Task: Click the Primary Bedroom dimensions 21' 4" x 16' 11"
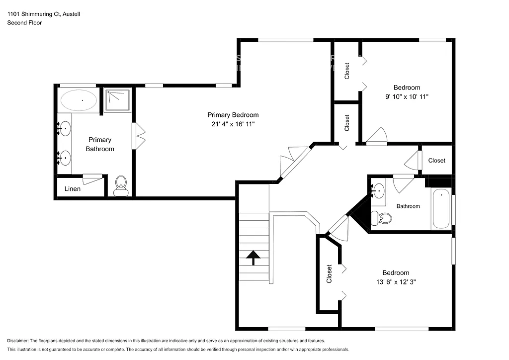click(233, 124)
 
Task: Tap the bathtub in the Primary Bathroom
click(79, 100)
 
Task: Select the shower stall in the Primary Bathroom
click(118, 100)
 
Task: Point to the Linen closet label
click(73, 189)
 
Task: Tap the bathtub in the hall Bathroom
click(441, 209)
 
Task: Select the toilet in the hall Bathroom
click(382, 217)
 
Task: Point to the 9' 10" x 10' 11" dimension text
click(407, 97)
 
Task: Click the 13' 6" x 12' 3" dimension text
click(396, 282)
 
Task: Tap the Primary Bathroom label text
click(100, 144)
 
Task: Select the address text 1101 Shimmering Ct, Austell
click(43, 14)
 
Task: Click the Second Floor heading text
click(25, 23)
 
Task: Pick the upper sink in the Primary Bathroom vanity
click(65, 129)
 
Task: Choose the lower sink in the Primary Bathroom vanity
click(65, 158)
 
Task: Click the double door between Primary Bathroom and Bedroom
click(138, 136)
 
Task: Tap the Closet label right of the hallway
click(436, 160)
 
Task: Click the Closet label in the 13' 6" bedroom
click(329, 274)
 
